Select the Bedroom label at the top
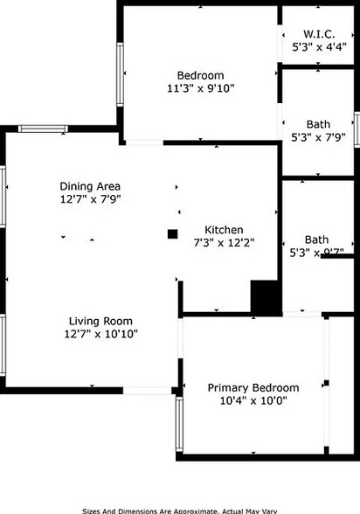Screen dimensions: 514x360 point(200,74)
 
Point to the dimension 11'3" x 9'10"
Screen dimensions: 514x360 point(200,88)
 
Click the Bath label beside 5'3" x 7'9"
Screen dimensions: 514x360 point(318,123)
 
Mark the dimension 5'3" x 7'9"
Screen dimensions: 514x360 point(318,137)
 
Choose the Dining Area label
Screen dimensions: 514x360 point(90,186)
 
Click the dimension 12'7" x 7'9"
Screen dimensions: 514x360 point(90,200)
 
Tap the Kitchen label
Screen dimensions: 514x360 point(224,229)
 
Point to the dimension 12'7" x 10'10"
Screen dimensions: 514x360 point(100,334)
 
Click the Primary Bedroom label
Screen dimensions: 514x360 point(253,387)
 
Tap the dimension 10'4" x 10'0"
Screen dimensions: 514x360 point(253,401)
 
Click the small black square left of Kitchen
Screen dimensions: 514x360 point(173,233)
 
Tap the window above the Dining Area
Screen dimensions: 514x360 point(44,129)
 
